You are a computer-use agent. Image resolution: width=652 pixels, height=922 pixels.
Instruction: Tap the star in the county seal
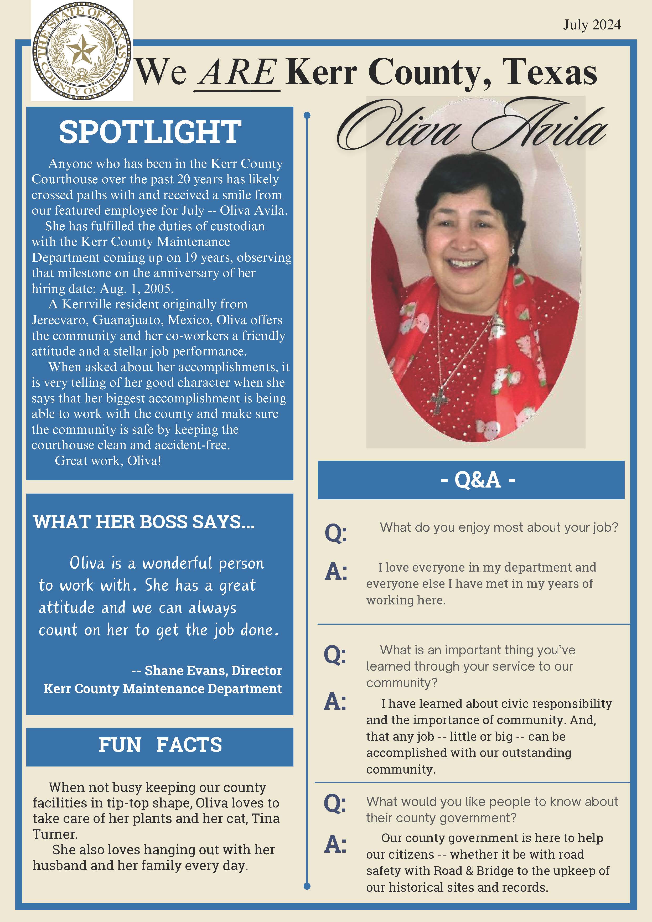(x=82, y=51)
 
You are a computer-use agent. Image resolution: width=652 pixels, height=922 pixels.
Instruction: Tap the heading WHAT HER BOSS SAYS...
(x=144, y=522)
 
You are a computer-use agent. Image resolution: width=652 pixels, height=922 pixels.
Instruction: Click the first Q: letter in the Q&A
(x=336, y=533)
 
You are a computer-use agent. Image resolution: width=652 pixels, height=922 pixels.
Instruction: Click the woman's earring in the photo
(x=512, y=251)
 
